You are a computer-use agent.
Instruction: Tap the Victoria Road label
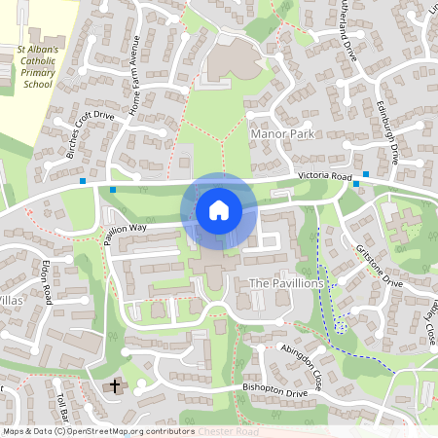click(324, 176)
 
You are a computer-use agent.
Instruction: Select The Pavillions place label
click(286, 282)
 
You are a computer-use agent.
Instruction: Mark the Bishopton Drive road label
click(274, 392)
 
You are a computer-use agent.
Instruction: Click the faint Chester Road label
click(230, 430)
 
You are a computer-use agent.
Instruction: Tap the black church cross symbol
click(115, 386)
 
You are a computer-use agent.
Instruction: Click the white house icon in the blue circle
click(219, 210)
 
